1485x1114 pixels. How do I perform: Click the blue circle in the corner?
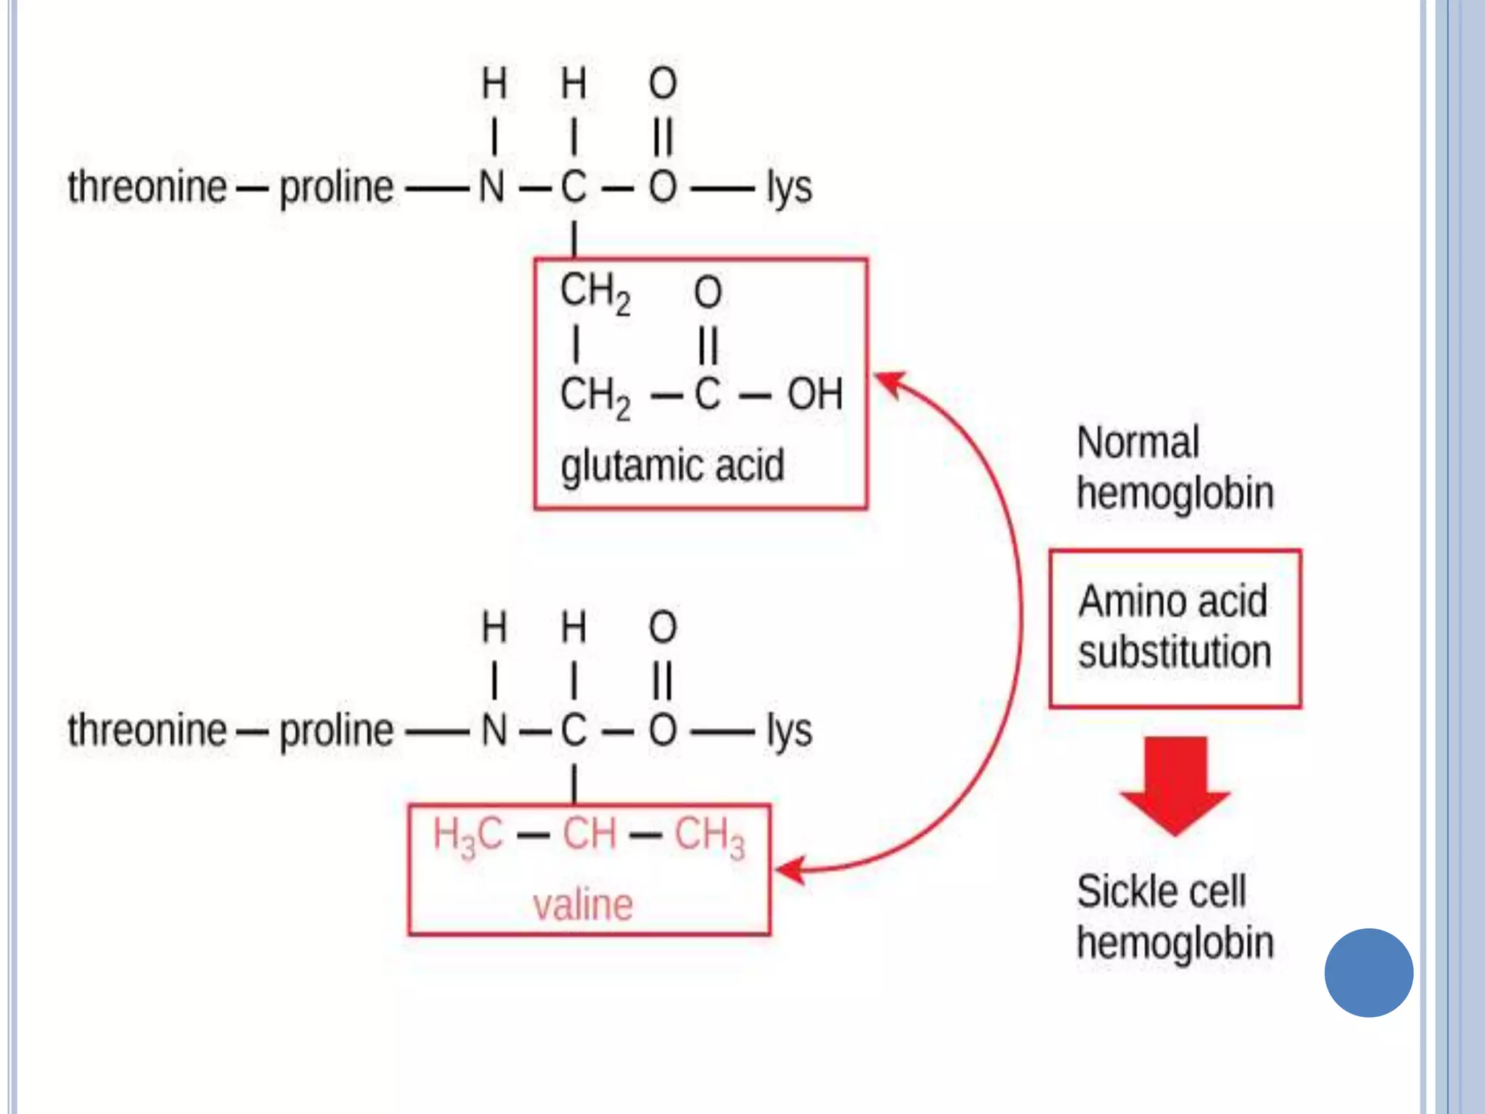coord(1368,973)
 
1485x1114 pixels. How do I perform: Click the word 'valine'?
coord(583,905)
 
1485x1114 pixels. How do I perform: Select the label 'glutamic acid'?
coord(672,466)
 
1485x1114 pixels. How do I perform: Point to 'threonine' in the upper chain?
coord(147,187)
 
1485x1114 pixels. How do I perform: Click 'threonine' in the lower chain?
coord(147,730)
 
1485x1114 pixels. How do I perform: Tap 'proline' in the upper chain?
coord(336,188)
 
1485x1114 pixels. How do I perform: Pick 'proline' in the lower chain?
coord(336,730)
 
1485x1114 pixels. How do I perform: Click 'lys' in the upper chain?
coord(790,188)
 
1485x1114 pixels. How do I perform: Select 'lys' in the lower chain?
coord(790,731)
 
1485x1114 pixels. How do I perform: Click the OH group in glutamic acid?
coord(815,395)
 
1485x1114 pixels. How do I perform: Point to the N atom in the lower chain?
coord(494,730)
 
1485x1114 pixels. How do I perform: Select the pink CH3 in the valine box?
coord(709,835)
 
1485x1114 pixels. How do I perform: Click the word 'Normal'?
coord(1138,442)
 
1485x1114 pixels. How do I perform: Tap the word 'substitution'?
coord(1175,651)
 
